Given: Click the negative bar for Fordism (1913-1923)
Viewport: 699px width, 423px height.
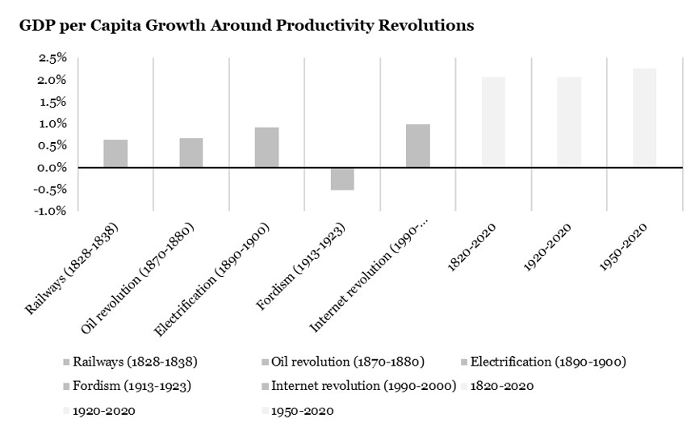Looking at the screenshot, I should tap(342, 178).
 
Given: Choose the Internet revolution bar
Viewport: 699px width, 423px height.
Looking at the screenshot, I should tap(418, 145).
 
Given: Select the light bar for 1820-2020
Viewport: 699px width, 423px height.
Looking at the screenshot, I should tap(493, 122).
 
